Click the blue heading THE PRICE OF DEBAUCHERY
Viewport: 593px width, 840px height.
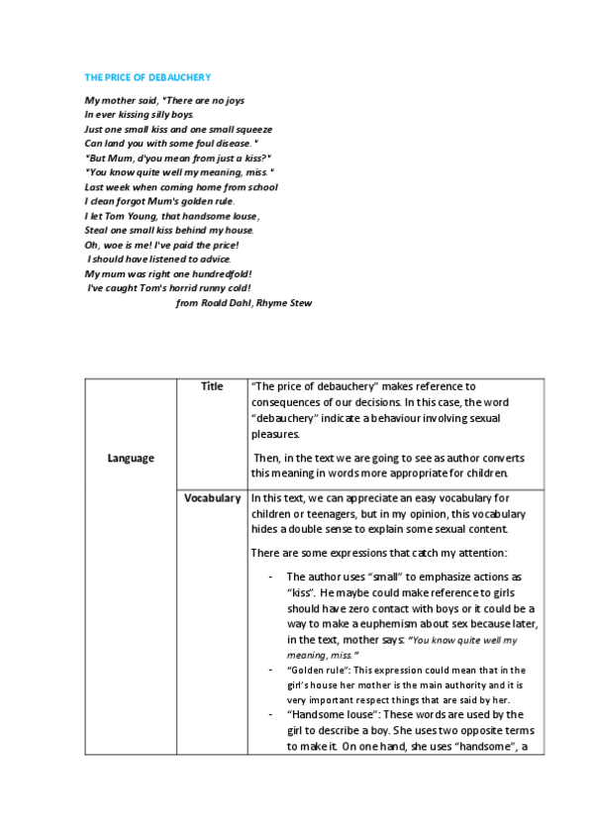point(148,77)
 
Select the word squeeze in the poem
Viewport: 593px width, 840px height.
point(251,129)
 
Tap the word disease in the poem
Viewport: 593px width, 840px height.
point(225,143)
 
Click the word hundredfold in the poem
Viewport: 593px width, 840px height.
point(218,273)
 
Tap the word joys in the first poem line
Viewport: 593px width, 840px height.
point(230,100)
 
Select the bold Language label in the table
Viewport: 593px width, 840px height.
point(131,458)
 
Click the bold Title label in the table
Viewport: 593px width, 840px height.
point(212,386)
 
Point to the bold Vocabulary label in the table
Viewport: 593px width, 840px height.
point(212,498)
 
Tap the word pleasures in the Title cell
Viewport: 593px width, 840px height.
point(278,433)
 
